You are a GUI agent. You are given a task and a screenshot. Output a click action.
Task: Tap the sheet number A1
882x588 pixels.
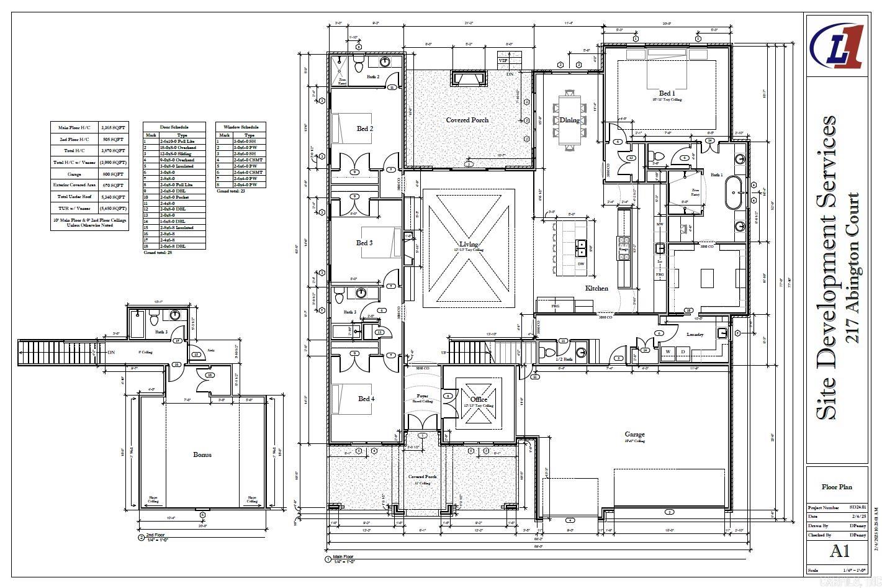point(839,550)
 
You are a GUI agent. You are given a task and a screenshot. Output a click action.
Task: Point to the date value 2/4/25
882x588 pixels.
point(858,517)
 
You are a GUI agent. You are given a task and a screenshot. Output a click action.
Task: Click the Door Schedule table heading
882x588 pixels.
point(174,127)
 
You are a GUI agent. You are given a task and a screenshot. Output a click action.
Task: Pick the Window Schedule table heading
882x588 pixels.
point(241,127)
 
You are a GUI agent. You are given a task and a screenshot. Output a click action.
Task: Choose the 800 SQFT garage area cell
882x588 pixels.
point(113,174)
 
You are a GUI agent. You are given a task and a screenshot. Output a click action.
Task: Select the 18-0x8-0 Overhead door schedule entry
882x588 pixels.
point(178,148)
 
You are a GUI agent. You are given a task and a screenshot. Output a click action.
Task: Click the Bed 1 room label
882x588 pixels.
point(667,93)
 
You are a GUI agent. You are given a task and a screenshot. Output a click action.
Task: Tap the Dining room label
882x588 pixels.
point(569,120)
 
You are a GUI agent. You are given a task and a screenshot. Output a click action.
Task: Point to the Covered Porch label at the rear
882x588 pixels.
point(467,120)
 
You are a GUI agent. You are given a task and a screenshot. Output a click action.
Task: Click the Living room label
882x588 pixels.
point(469,244)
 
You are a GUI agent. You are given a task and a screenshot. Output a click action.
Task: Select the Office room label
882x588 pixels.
point(479,399)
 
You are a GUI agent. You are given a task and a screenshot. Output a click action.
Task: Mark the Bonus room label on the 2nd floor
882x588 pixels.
point(202,455)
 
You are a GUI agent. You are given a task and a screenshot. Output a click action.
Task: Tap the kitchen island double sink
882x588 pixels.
point(582,248)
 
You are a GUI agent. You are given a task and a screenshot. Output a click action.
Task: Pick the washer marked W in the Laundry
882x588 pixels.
point(668,352)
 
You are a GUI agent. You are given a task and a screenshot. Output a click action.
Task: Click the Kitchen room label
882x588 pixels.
point(596,288)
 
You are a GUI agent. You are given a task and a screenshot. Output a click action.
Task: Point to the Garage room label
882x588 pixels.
point(634,435)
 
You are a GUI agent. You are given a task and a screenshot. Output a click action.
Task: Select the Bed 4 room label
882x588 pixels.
point(365,399)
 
